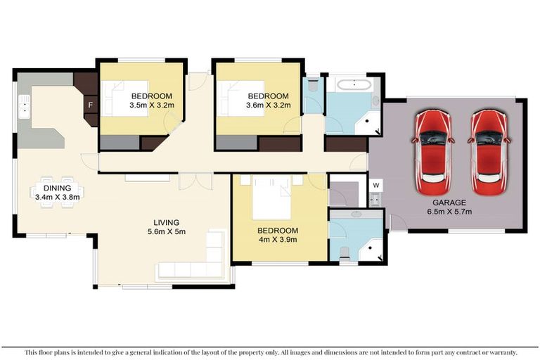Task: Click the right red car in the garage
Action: pyautogui.click(x=487, y=152)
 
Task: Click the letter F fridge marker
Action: pyautogui.click(x=89, y=107)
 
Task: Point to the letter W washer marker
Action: pyautogui.click(x=376, y=186)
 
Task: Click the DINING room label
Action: pyautogui.click(x=57, y=188)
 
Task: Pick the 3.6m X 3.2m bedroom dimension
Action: pyautogui.click(x=268, y=105)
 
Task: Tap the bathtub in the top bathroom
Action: pyautogui.click(x=354, y=86)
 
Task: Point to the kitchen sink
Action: pyautogui.click(x=25, y=108)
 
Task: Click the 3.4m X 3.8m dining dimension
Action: pyautogui.click(x=57, y=197)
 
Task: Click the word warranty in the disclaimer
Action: pyautogui.click(x=499, y=352)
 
